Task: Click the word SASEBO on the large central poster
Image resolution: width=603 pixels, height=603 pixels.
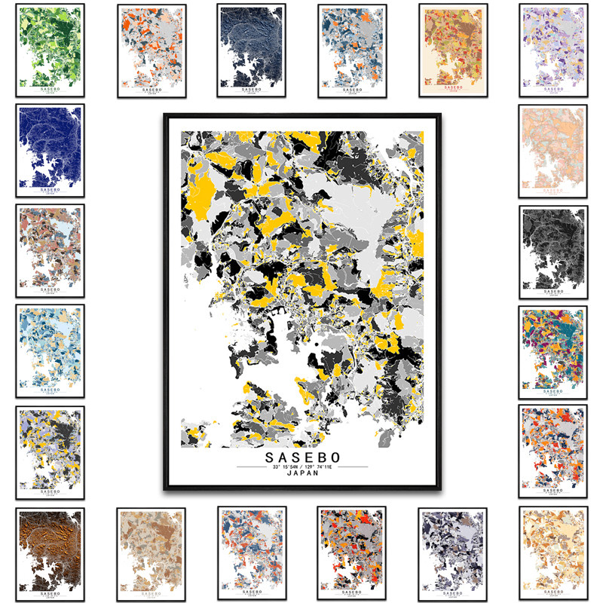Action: (302, 458)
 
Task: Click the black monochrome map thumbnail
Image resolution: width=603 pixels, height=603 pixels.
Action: (553, 252)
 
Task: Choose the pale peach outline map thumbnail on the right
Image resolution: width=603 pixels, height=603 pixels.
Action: (553, 151)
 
